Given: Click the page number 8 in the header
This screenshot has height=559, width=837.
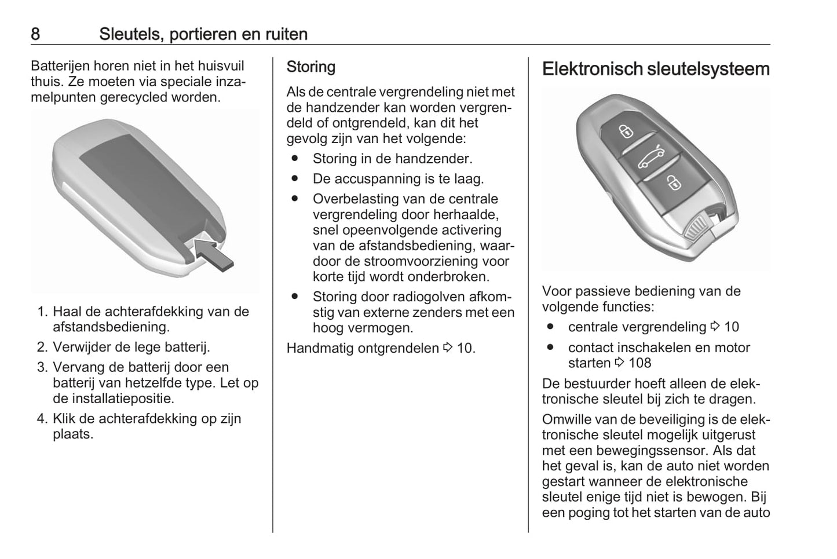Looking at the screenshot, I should [x=35, y=34].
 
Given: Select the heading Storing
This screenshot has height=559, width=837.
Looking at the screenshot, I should [x=311, y=67].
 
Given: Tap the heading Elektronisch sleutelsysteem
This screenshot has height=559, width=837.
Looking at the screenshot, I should [x=656, y=69].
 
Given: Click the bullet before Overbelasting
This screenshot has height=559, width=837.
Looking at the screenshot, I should [x=295, y=199].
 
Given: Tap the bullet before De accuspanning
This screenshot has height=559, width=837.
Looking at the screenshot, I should [x=295, y=178].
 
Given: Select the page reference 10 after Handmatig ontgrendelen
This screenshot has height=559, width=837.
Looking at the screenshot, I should [x=465, y=349].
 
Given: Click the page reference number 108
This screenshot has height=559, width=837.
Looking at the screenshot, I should [x=639, y=363].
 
